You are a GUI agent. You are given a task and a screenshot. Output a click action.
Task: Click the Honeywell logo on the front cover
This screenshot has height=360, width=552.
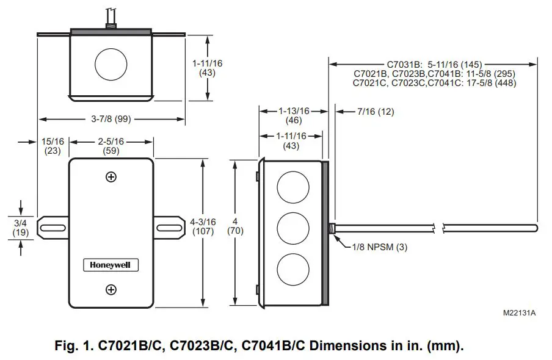(x=111, y=265)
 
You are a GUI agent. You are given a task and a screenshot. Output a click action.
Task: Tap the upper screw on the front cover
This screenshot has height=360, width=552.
(x=111, y=177)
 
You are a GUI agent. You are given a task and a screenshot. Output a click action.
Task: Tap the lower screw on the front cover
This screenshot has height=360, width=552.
(x=111, y=289)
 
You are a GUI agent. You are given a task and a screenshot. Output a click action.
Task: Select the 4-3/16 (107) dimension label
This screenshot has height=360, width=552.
(x=202, y=227)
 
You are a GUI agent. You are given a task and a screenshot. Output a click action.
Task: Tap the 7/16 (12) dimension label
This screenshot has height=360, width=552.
(x=376, y=112)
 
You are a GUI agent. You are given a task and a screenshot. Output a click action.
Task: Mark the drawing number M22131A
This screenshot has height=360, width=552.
(x=519, y=312)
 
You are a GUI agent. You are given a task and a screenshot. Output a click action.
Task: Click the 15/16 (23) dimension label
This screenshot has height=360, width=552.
(x=53, y=146)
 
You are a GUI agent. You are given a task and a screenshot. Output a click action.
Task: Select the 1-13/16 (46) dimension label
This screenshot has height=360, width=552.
(x=294, y=115)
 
